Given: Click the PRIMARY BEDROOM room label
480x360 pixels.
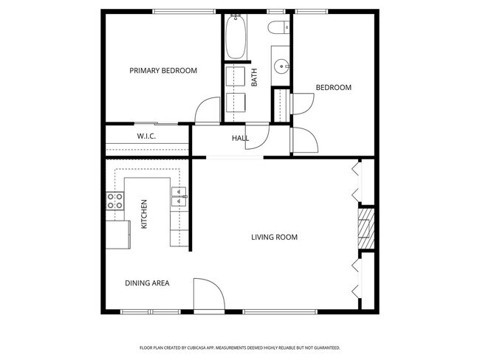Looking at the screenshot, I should coord(163,71).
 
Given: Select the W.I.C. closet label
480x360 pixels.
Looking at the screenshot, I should coord(145,136).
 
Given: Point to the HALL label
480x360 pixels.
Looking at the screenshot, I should coord(240,138).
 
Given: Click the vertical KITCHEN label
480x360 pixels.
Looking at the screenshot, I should coord(144,213).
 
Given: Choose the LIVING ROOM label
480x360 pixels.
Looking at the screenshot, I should coord(274,237).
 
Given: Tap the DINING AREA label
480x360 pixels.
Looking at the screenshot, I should coord(147,283).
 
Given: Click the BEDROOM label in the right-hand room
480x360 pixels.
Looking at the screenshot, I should coord(333,88).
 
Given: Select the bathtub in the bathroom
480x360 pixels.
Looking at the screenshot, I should coord(236,37).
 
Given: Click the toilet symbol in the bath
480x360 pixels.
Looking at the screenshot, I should coord(280,30).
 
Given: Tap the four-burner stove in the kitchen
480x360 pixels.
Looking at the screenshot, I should coord(114,201).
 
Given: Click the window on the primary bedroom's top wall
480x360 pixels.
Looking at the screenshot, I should coord(184,11).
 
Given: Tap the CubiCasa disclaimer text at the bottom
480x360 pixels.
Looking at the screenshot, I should coord(239,347).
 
